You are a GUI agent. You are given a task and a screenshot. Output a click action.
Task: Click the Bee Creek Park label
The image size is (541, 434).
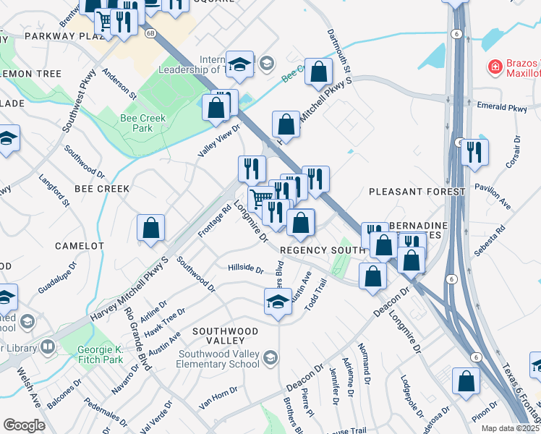click(142, 123)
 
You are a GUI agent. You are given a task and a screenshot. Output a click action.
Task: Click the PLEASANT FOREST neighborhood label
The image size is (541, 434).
click(417, 192)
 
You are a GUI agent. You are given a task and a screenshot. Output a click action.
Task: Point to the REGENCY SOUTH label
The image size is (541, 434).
click(321, 250)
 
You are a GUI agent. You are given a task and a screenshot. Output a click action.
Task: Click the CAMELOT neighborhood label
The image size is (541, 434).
click(80, 246)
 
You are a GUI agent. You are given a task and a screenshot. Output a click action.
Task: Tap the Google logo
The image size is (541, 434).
click(24, 425)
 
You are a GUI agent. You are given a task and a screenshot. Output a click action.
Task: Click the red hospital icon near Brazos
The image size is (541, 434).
click(495, 67)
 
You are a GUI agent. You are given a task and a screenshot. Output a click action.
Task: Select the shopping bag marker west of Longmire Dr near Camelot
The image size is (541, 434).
click(150, 228)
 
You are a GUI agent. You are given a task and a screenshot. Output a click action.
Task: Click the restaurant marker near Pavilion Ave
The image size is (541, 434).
click(474, 152)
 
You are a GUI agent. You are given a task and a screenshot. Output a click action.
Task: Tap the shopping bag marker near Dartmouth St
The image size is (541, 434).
click(318, 71)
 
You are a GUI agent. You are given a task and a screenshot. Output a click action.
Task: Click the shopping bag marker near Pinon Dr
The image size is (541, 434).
click(466, 380)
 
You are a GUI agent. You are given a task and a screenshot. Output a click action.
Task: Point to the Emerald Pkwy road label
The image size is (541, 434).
click(503, 107)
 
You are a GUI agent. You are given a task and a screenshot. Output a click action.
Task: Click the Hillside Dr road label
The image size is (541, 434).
click(246, 269)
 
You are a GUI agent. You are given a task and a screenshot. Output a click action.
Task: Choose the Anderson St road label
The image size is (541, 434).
click(119, 83)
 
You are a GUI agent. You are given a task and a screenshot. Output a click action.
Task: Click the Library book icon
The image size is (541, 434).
click(48, 348)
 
